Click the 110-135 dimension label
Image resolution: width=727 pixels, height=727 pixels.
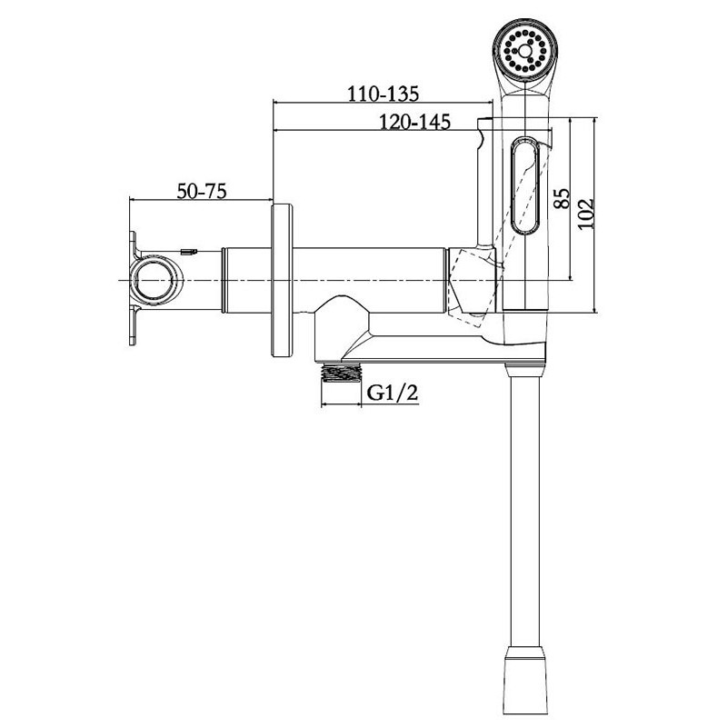point(383,94)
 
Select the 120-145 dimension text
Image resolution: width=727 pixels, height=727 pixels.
point(414,122)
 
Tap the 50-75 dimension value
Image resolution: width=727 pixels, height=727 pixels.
point(202,191)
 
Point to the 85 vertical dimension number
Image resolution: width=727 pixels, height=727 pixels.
point(562,198)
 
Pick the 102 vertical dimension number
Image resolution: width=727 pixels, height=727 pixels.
point(585,213)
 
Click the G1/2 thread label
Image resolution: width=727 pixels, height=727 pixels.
point(393,393)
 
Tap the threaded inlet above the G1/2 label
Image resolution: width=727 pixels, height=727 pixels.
point(342,372)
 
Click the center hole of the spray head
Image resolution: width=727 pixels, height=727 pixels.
point(524,50)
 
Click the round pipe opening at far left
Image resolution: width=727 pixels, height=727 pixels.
point(155,280)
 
